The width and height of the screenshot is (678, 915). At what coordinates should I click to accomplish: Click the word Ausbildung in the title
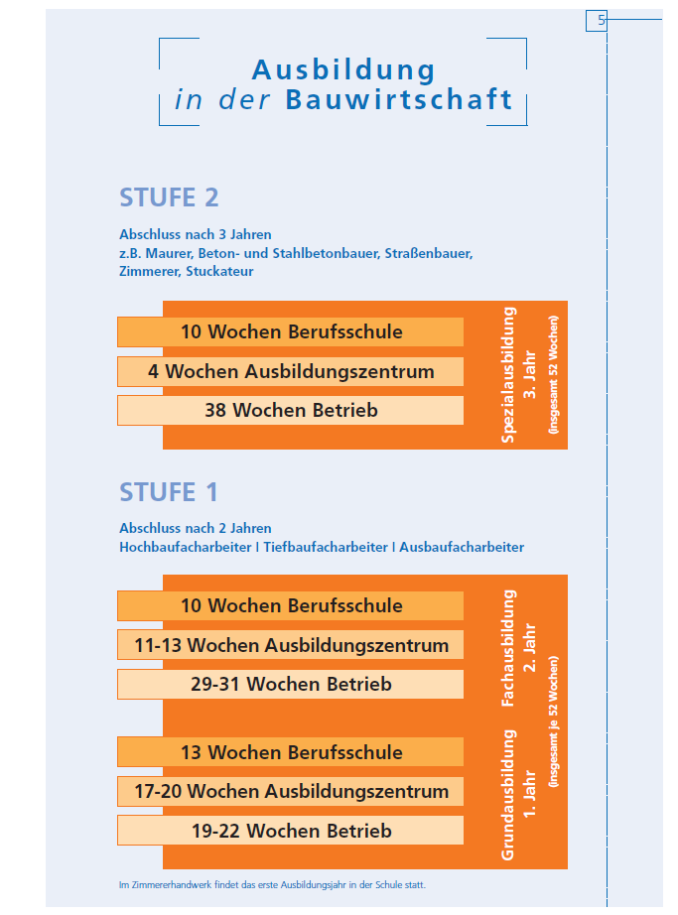pyautogui.click(x=343, y=71)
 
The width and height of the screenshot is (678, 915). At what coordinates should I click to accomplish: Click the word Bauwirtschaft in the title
pyautogui.click(x=399, y=99)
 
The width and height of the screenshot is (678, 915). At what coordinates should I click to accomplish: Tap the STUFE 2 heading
pyautogui.click(x=169, y=197)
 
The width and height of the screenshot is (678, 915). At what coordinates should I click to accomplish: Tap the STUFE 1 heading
pyautogui.click(x=169, y=492)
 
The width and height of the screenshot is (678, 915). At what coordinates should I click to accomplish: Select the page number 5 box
pyautogui.click(x=597, y=21)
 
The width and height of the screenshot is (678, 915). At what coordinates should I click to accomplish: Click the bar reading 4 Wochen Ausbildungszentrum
pyautogui.click(x=291, y=372)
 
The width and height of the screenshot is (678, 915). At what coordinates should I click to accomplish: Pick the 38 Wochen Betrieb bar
pyautogui.click(x=291, y=410)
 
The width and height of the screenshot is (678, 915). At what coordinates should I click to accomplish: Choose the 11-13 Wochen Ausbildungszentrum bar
pyautogui.click(x=291, y=645)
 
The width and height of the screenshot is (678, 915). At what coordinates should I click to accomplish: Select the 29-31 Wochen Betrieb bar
pyautogui.click(x=291, y=684)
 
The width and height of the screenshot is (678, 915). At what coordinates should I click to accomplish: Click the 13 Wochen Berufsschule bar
pyautogui.click(x=291, y=752)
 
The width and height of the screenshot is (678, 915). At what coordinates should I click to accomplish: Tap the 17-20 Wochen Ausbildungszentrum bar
pyautogui.click(x=291, y=791)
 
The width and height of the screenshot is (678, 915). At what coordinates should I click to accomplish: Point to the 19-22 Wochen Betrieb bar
pyautogui.click(x=291, y=831)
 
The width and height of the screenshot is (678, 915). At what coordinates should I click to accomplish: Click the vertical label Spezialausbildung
pyautogui.click(x=509, y=375)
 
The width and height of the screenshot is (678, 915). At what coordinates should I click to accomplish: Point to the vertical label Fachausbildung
pyautogui.click(x=509, y=648)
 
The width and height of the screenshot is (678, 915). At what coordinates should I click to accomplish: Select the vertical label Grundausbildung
pyautogui.click(x=509, y=795)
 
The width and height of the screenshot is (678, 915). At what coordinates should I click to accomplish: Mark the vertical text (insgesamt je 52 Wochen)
pyautogui.click(x=553, y=721)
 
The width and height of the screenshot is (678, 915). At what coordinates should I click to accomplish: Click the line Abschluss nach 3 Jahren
pyautogui.click(x=196, y=234)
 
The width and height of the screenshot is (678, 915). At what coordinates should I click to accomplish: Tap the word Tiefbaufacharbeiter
pyautogui.click(x=326, y=548)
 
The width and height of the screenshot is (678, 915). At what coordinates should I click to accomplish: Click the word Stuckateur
pyautogui.click(x=219, y=271)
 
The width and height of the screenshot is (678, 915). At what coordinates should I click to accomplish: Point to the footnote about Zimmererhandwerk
pyautogui.click(x=272, y=884)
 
